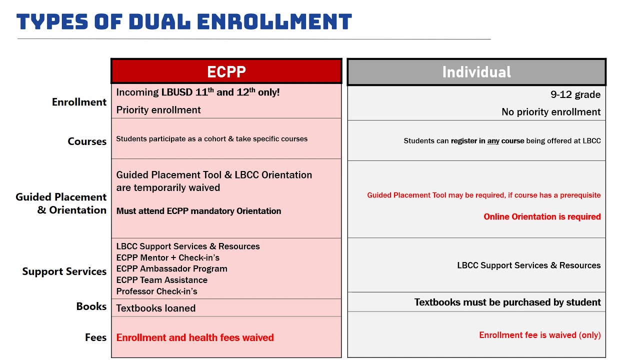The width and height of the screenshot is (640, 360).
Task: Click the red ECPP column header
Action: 226,71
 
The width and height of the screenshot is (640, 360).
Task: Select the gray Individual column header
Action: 476,72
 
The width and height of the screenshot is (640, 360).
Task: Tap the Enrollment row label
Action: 79,102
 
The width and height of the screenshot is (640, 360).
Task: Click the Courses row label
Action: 87,141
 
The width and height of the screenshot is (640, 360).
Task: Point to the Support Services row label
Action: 64,271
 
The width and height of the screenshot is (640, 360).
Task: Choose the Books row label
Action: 91,306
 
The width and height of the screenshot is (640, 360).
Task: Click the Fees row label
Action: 95,337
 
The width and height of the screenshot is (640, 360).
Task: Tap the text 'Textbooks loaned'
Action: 155,308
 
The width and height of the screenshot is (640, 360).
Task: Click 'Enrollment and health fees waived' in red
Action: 195,337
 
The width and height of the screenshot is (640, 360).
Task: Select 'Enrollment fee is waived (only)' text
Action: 539,335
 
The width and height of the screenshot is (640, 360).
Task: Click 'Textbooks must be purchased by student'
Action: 507,302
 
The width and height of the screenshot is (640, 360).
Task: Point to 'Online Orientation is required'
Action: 542,216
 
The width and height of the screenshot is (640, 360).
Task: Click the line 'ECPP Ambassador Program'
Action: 171,268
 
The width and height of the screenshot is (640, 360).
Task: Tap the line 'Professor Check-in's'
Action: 156,291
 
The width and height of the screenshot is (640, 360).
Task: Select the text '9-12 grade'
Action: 575,94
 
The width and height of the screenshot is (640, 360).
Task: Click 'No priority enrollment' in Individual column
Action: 551,112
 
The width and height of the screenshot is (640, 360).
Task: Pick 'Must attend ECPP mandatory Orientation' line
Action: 198,211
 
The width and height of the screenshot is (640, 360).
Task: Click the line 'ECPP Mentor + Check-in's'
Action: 167,257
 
